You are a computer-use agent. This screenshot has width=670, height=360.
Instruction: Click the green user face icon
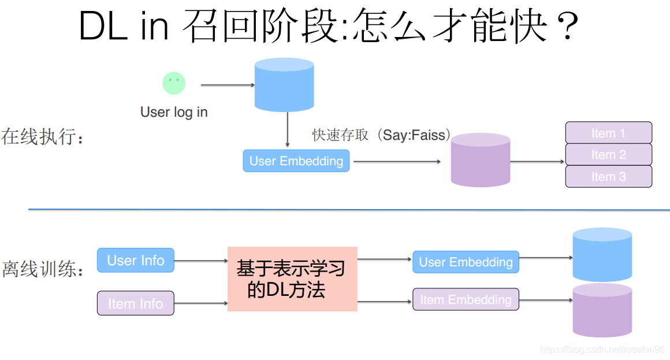click(x=174, y=83)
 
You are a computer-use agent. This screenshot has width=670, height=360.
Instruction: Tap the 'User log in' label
click(x=174, y=112)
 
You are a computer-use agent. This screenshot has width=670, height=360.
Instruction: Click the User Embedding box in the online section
click(x=296, y=161)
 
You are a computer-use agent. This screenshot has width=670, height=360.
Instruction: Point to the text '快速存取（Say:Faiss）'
click(x=381, y=135)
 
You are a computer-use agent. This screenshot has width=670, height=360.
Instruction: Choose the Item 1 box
click(x=608, y=133)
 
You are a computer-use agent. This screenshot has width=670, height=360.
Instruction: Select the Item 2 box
click(x=608, y=154)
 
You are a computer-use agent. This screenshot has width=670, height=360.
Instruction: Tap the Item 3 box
click(x=608, y=176)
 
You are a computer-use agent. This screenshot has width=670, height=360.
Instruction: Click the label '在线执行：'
click(x=43, y=138)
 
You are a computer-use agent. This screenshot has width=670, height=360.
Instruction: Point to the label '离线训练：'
click(x=43, y=269)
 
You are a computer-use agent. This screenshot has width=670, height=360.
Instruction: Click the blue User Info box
click(x=136, y=260)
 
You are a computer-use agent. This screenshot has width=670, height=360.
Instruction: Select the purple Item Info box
click(x=136, y=303)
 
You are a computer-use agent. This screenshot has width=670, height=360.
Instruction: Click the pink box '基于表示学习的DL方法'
click(x=292, y=279)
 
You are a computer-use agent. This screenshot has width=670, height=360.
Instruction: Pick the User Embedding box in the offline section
click(x=466, y=262)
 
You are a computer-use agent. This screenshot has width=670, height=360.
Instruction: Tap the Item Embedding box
click(x=466, y=299)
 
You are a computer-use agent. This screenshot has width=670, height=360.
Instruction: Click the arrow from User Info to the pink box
click(x=200, y=261)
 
